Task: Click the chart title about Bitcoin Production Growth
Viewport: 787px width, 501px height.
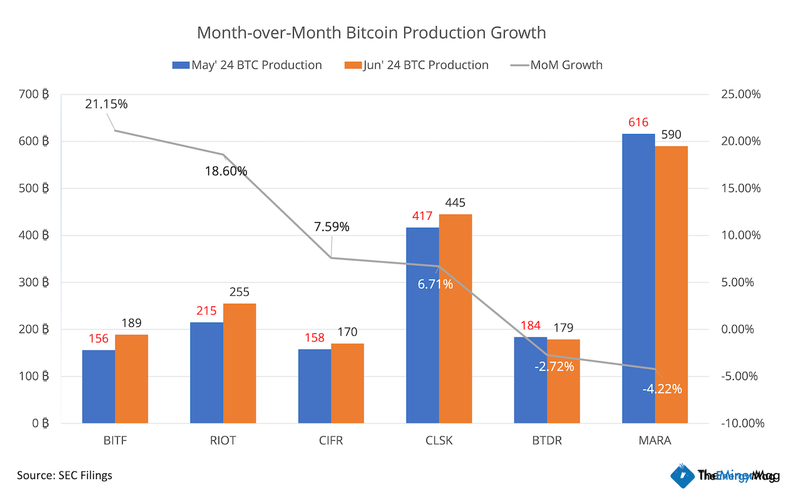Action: pos(371,33)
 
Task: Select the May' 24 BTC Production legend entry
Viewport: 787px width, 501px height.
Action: pos(247,65)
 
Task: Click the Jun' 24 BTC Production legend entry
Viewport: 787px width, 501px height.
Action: pos(416,65)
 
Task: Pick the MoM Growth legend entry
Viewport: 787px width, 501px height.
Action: pos(557,65)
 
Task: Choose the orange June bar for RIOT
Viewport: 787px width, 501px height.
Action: pos(239,363)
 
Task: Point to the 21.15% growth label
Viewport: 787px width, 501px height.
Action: pos(106,104)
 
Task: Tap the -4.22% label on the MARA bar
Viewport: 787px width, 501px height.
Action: pos(662,389)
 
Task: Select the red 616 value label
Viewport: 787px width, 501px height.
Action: pos(638,122)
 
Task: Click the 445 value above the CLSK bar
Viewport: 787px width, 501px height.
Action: pos(455,203)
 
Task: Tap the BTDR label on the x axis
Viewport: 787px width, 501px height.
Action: pos(547,441)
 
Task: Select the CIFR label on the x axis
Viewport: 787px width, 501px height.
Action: pos(331,441)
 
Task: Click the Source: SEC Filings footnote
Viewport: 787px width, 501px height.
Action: pos(64,475)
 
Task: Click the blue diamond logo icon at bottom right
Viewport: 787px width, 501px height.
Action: pos(681,476)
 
